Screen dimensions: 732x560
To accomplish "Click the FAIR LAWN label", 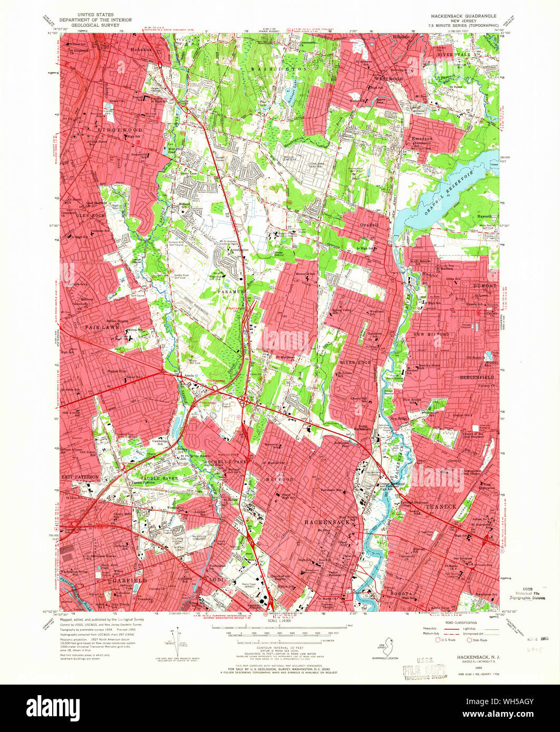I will pyautogui.click(x=97, y=327).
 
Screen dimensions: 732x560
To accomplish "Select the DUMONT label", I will pyautogui.click(x=481, y=285).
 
